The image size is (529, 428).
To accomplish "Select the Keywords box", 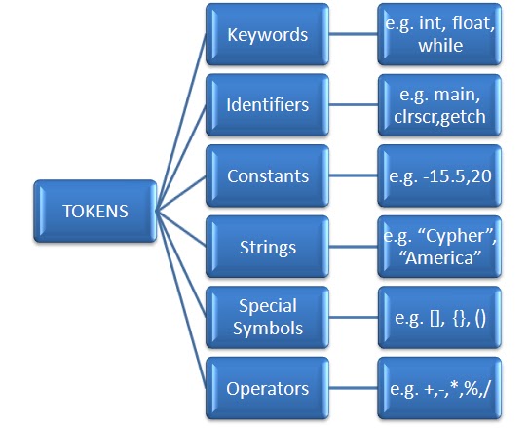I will [x=267, y=36].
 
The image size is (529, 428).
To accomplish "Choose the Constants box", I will [x=267, y=177].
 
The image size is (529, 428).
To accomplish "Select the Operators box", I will [x=267, y=389].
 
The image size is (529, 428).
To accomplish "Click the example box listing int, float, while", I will [x=439, y=36].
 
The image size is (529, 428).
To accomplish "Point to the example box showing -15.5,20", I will [x=439, y=177].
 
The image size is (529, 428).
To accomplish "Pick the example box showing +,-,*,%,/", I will [x=439, y=389].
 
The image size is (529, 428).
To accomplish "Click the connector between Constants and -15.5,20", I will [x=354, y=177].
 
